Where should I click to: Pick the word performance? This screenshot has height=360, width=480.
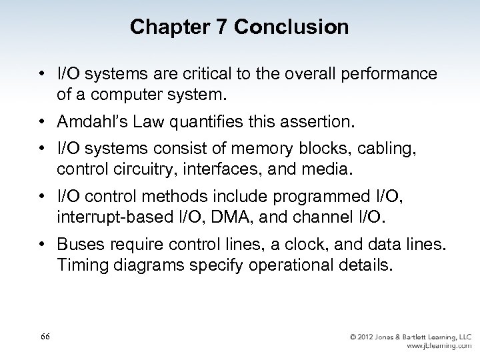coord(390,73)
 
